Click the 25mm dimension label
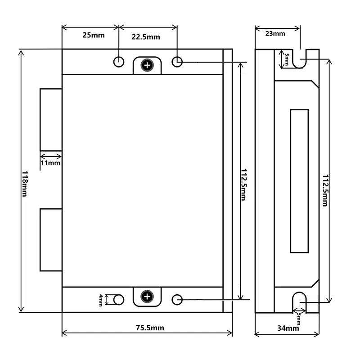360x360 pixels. (x=94, y=35)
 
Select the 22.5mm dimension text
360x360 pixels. (x=146, y=37)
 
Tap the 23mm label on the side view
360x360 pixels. (x=275, y=34)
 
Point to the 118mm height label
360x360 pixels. (x=25, y=184)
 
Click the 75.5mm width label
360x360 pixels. (x=150, y=328)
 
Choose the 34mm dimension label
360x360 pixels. (x=288, y=328)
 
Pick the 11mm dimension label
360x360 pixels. (x=50, y=163)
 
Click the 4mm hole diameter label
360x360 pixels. (x=101, y=300)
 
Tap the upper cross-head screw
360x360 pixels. (x=147, y=65)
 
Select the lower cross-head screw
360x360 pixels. (x=147, y=297)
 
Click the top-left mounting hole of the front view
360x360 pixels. (x=119, y=62)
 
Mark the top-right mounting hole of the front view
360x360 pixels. (x=177, y=62)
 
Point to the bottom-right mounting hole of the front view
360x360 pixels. (x=177, y=300)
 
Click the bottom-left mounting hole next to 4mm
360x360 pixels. (x=119, y=300)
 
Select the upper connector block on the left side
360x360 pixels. (x=51, y=120)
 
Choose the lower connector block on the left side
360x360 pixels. (x=51, y=240)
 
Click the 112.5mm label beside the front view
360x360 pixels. (x=244, y=184)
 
